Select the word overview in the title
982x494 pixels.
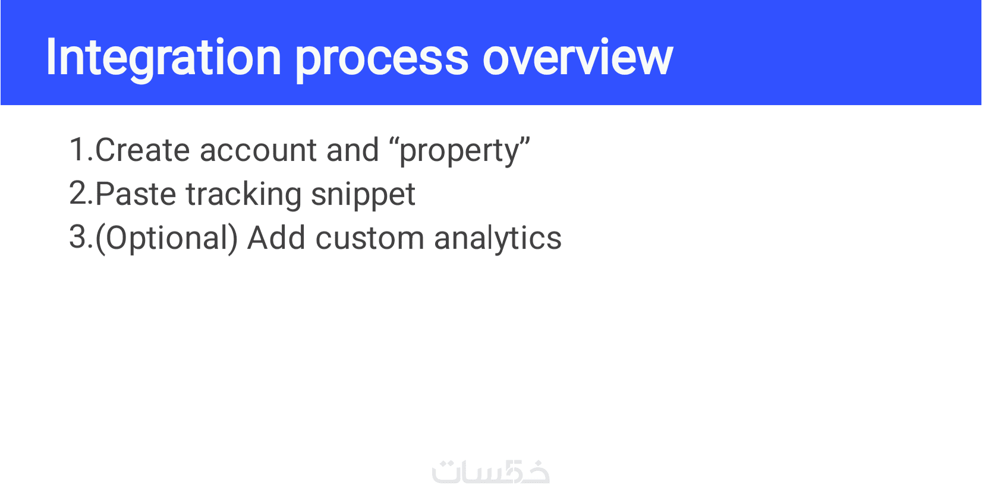[577, 58]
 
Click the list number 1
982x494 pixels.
[81, 150]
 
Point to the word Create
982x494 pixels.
[143, 150]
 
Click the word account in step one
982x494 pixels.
[258, 151]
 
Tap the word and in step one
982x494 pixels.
[352, 150]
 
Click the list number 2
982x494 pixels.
[81, 194]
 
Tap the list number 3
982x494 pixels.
[81, 237]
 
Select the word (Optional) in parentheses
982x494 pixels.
[166, 239]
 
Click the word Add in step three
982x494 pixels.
[276, 237]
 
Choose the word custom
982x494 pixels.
[370, 239]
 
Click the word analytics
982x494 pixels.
[498, 239]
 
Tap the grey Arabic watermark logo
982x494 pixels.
[491, 472]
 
